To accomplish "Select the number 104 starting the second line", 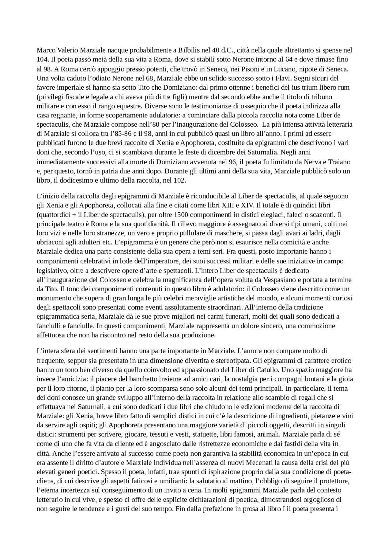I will point(42,59).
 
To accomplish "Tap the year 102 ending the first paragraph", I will point(179,180).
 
